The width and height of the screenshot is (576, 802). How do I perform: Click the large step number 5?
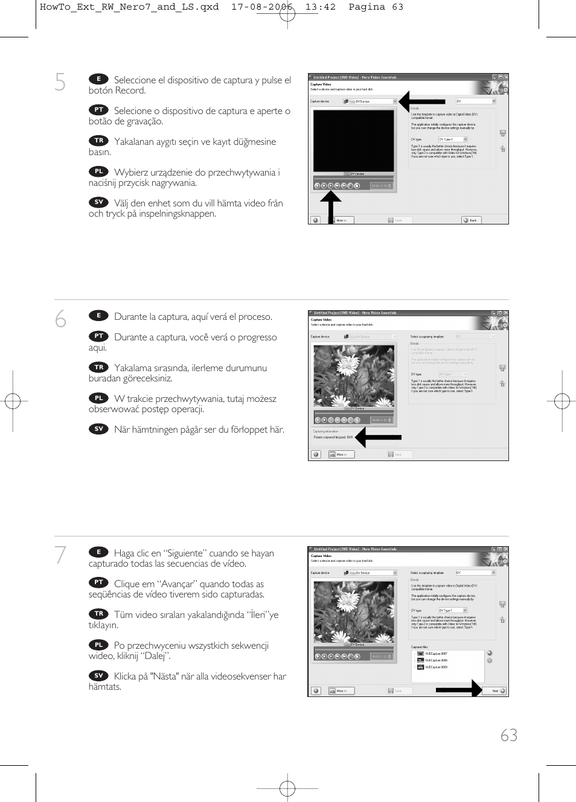(x=60, y=82)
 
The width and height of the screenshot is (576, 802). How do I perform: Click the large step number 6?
(x=60, y=319)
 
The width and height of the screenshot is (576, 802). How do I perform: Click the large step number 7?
(x=60, y=555)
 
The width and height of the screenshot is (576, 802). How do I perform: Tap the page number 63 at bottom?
(x=508, y=735)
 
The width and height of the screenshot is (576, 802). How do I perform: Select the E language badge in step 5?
(x=98, y=79)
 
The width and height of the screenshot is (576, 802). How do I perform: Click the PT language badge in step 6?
(x=98, y=336)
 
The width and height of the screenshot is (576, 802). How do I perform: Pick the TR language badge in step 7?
(x=98, y=614)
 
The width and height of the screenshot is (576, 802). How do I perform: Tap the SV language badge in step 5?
(x=98, y=202)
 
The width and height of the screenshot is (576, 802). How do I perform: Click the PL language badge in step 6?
(x=98, y=398)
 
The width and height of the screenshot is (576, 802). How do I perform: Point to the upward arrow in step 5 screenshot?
(x=330, y=206)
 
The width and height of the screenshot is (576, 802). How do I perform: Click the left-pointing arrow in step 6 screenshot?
(x=378, y=437)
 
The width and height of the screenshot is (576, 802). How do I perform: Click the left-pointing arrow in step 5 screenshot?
(x=421, y=101)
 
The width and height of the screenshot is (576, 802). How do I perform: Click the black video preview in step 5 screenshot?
(x=353, y=141)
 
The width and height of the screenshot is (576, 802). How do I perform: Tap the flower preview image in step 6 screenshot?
(x=354, y=375)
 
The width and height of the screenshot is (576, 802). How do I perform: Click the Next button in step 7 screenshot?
(x=497, y=691)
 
